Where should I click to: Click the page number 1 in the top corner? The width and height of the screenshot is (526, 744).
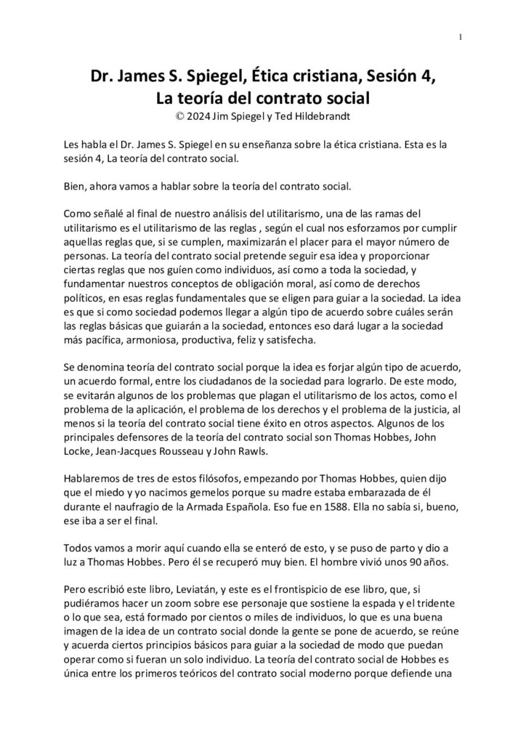pyautogui.click(x=461, y=37)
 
